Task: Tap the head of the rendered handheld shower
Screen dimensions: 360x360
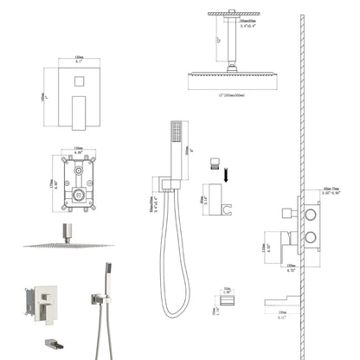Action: point(107,268)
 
